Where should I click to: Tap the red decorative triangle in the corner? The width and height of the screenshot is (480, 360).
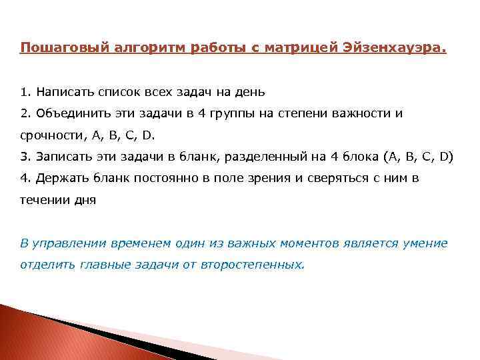point(40,337)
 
